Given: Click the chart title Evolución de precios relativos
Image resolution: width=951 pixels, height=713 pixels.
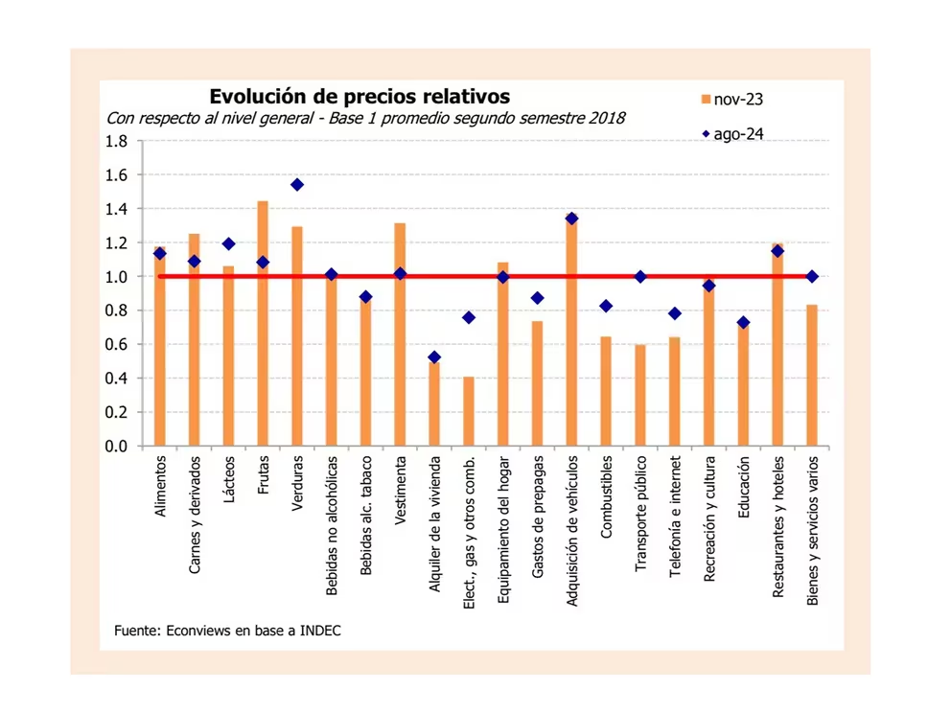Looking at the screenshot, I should point(360,97).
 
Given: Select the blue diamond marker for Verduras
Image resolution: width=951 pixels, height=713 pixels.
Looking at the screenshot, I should point(297,185).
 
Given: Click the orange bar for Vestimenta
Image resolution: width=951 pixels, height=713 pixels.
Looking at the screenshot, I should point(400,334).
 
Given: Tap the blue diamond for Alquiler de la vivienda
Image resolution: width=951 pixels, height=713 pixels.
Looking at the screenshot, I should point(434,357).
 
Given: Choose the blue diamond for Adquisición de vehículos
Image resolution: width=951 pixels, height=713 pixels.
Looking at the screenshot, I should point(571,218).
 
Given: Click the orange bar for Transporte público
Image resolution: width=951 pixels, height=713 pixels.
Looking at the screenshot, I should point(639,395).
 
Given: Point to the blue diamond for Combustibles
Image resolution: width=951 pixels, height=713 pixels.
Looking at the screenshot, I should point(606,306).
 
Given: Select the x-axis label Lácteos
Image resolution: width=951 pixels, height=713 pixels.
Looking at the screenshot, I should point(229,475).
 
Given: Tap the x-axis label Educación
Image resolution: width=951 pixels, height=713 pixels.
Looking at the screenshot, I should point(744,488).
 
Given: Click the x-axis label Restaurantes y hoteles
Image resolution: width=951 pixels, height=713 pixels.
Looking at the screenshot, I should point(778,525).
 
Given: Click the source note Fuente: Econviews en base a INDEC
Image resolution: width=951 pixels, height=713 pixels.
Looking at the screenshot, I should point(227,630).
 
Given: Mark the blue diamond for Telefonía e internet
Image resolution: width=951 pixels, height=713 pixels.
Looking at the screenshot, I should point(675,313).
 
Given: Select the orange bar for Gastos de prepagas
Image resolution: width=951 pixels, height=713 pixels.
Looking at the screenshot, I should point(537,383).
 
